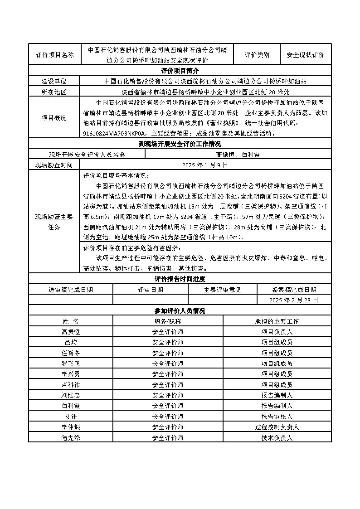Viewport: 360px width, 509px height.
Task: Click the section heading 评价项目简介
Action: coord(180,71)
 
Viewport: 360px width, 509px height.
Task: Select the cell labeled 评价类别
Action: coord(257,55)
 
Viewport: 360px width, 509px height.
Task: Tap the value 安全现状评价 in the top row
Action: coord(306,55)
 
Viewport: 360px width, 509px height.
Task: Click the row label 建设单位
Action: coord(54,81)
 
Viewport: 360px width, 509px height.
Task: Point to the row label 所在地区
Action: coord(54,92)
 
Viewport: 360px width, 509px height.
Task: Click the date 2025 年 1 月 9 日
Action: coord(205,165)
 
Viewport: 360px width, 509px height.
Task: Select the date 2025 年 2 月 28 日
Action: coord(294,300)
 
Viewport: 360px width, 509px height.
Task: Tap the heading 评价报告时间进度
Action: coord(180,279)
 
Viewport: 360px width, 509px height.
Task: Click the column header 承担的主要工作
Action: coord(277,321)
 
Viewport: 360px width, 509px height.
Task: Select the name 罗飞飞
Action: coord(71,364)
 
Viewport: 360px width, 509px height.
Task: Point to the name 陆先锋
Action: coord(71,438)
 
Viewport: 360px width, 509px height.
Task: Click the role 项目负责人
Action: coord(277,332)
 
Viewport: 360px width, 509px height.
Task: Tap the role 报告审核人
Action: coord(277,417)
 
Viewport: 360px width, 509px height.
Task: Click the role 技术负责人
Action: coord(277,438)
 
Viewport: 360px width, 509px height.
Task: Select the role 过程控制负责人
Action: coord(277,427)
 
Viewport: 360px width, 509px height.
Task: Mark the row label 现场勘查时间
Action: coord(54,165)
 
